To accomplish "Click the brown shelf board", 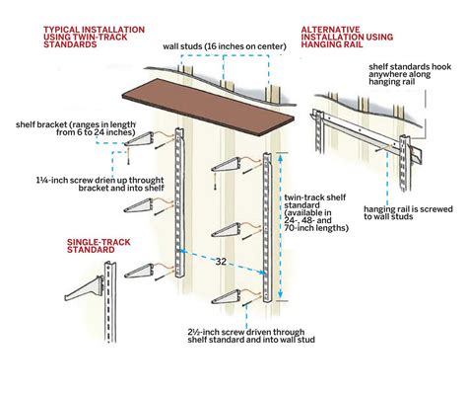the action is [x=209, y=106].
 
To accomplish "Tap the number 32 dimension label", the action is [x=221, y=262].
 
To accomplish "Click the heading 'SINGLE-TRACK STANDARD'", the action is [x=99, y=246].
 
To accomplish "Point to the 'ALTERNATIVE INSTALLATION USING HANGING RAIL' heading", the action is [x=347, y=37].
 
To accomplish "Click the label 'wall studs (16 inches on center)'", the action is [x=225, y=46].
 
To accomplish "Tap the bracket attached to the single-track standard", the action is [x=84, y=288].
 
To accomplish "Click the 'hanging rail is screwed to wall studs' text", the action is [x=408, y=212].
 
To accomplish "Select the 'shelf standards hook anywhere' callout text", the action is [x=410, y=74].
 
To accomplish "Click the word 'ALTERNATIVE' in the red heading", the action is [x=330, y=30].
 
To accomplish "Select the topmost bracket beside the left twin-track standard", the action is [x=139, y=139].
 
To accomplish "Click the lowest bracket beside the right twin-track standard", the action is [x=226, y=296].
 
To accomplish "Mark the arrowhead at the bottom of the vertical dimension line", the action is [x=280, y=294].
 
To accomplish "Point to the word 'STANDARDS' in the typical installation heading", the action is [x=70, y=44].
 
